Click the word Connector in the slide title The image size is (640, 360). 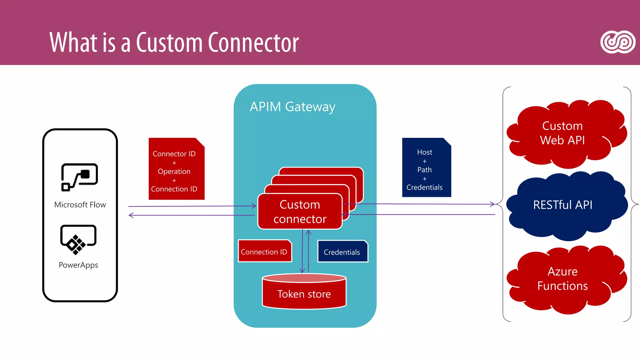(253, 42)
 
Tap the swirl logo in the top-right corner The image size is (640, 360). (617, 42)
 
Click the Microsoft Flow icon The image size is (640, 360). (79, 177)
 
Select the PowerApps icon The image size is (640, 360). (78, 239)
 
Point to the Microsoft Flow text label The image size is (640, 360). (80, 205)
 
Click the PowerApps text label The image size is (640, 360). (78, 265)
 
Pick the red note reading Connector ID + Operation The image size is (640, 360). (176, 169)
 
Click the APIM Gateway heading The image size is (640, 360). (292, 107)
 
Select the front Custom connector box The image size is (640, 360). (300, 212)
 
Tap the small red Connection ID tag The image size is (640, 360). (264, 251)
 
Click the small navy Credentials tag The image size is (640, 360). (342, 252)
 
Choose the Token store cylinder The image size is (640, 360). (304, 292)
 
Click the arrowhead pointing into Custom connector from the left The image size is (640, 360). (254, 206)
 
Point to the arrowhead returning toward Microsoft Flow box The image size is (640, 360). (131, 215)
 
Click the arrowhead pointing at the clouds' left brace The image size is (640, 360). (492, 204)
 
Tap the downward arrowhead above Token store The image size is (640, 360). (302, 271)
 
